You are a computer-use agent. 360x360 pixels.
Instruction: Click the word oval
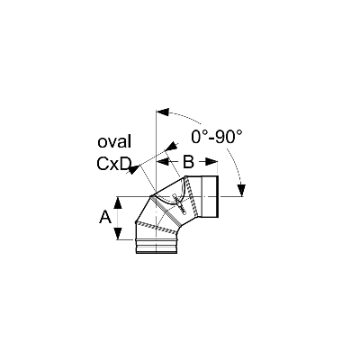click(x=114, y=141)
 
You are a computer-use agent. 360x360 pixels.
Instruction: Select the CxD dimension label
click(x=114, y=164)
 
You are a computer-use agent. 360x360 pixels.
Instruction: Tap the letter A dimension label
click(x=105, y=218)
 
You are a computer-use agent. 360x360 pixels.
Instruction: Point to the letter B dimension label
click(x=188, y=162)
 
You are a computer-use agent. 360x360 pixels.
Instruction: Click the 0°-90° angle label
click(x=217, y=137)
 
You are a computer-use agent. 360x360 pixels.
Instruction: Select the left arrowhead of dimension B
click(x=162, y=162)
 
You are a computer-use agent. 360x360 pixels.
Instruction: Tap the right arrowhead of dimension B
click(x=211, y=162)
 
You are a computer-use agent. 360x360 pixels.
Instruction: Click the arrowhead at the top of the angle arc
click(x=163, y=112)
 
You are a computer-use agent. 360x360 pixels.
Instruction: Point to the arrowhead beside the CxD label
click(x=134, y=170)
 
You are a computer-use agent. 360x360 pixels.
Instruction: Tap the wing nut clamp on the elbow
click(x=179, y=204)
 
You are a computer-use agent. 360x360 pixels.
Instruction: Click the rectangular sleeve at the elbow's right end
click(x=210, y=196)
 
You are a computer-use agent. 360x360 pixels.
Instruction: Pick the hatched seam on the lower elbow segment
click(x=157, y=227)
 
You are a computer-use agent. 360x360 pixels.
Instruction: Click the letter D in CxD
click(x=126, y=164)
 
